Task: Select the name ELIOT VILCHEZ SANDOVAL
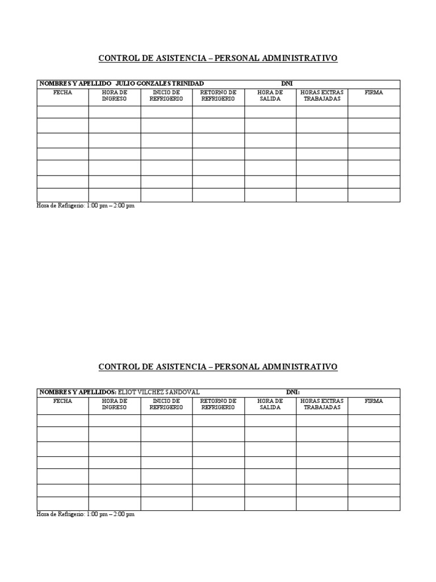pos(158,392)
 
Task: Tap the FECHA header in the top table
pos(62,93)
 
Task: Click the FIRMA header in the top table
pos(374,93)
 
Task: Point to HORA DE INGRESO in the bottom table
pos(114,404)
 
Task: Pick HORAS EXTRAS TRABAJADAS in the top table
pos(322,95)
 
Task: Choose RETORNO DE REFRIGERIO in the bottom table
pos(218,404)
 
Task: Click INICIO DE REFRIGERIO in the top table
pos(166,95)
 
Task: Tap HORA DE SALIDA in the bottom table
pos(270,404)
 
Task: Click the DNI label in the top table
pos(287,84)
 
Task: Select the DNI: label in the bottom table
pos(292,392)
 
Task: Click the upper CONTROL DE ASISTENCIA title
pos(218,58)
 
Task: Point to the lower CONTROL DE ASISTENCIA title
pos(218,367)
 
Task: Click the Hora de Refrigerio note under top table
pos(86,206)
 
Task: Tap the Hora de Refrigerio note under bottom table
pos(86,514)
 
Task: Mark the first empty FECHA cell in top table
pos(62,112)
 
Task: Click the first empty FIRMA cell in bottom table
pos(374,421)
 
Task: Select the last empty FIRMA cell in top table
pos(374,195)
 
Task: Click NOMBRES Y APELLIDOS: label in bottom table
pos(77,392)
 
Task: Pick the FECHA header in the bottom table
pos(62,401)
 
